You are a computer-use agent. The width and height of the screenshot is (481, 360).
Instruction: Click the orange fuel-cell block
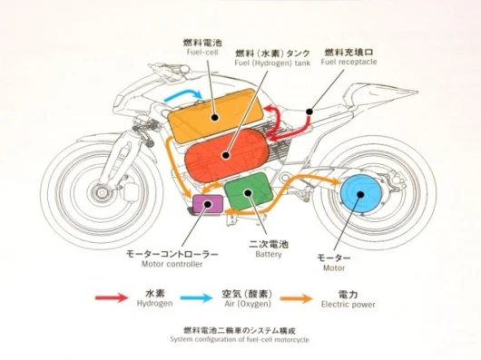point(215,116)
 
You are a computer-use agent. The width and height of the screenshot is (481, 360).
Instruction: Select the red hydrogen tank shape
point(226,155)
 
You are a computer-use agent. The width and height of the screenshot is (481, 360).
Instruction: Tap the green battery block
point(249,192)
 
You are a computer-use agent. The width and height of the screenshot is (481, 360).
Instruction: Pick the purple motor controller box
point(208,204)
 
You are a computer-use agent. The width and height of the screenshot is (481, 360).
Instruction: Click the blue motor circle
point(361,194)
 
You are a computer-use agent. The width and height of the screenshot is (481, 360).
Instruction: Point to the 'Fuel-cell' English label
point(202,52)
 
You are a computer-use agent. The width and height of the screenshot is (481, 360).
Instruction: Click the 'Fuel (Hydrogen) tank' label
point(272,63)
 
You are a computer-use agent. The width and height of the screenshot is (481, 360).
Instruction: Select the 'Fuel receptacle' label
point(348,62)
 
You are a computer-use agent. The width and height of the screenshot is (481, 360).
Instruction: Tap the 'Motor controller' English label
point(172,264)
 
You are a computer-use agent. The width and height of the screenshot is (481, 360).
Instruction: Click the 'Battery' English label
point(269,254)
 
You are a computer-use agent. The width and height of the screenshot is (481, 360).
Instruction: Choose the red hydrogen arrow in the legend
point(112,297)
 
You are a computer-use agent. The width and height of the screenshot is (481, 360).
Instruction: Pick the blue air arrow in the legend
point(197,297)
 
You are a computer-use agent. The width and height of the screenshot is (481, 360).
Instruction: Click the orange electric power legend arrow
point(297,298)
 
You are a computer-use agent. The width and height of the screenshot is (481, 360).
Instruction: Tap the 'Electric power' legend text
point(348,305)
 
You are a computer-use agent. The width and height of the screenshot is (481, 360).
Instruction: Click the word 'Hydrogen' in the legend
point(154,303)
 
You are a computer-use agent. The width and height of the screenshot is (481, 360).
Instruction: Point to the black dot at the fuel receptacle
point(309,112)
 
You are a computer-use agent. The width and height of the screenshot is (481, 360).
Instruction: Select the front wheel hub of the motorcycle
point(102,192)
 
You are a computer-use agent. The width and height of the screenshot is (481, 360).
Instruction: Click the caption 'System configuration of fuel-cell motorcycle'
point(240,339)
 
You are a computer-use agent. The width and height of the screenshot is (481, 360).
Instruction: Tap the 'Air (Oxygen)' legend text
point(248,304)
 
